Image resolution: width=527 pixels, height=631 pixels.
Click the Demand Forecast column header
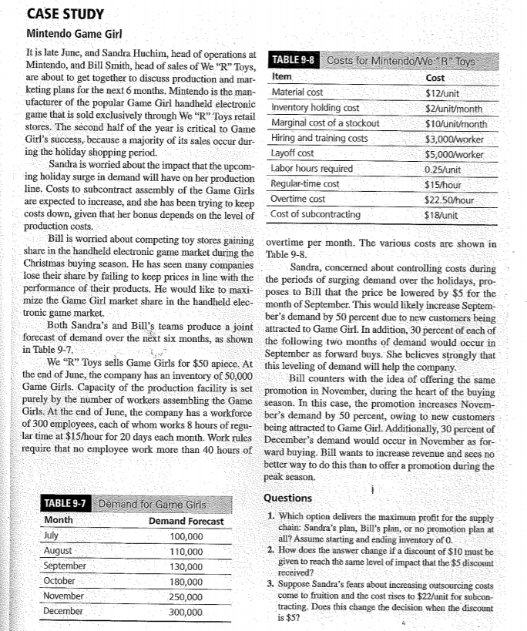click(x=186, y=521)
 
